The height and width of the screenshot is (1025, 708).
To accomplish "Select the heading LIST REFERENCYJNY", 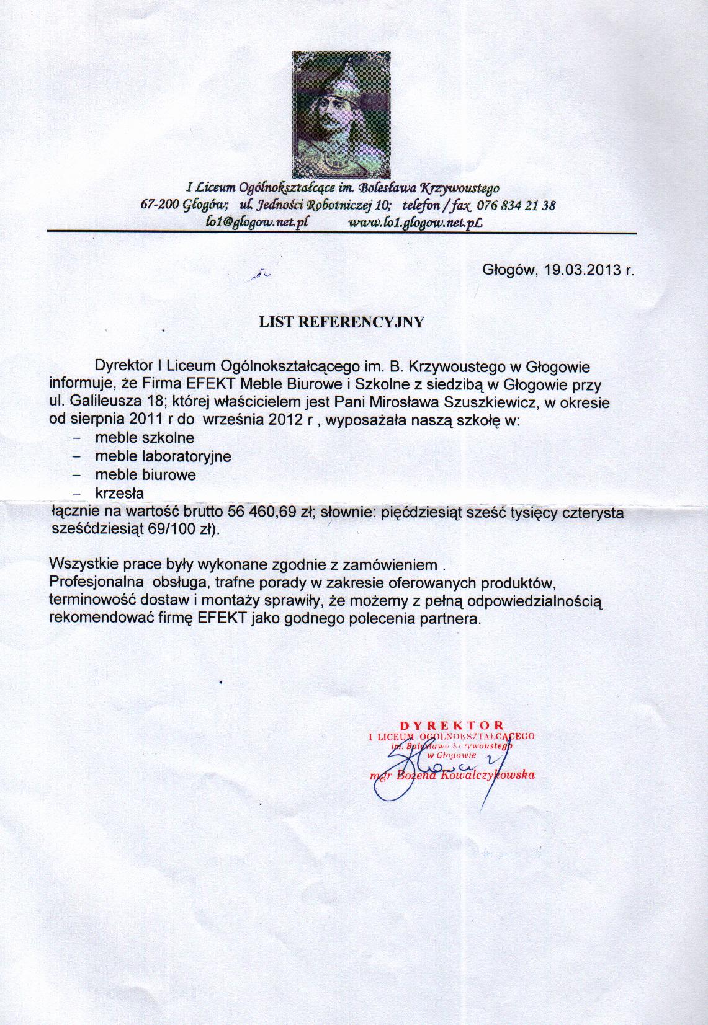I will coord(341,322).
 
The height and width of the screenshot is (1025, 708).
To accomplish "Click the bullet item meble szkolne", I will coord(145,438).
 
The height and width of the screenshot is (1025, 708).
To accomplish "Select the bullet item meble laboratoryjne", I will coord(163,456).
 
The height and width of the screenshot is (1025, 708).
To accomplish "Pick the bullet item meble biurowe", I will coord(145,475).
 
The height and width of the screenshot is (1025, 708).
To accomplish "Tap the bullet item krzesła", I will coord(119,494).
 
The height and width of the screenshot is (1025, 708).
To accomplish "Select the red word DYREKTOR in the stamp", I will coord(452,724).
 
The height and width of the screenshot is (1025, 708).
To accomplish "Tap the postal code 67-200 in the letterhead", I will coord(156,205).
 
